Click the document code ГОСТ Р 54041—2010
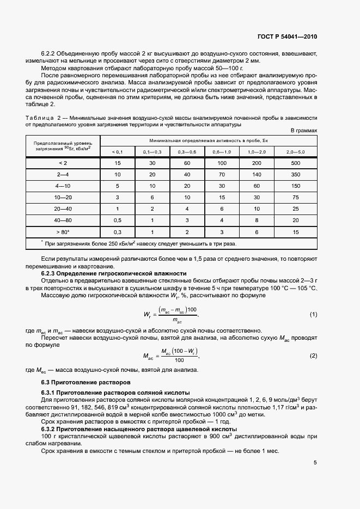[286, 36]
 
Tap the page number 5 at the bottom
[315, 463]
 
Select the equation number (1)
[313, 315]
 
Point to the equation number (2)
[313, 355]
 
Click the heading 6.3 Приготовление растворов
[79, 382]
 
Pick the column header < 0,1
[117, 151]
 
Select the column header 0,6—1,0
[222, 151]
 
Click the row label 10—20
[62, 197]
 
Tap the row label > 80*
[62, 232]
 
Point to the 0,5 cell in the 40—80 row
[117, 220]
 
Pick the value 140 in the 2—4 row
[257, 174]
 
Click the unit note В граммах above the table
[303, 131]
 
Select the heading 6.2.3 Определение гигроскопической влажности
[114, 273]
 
